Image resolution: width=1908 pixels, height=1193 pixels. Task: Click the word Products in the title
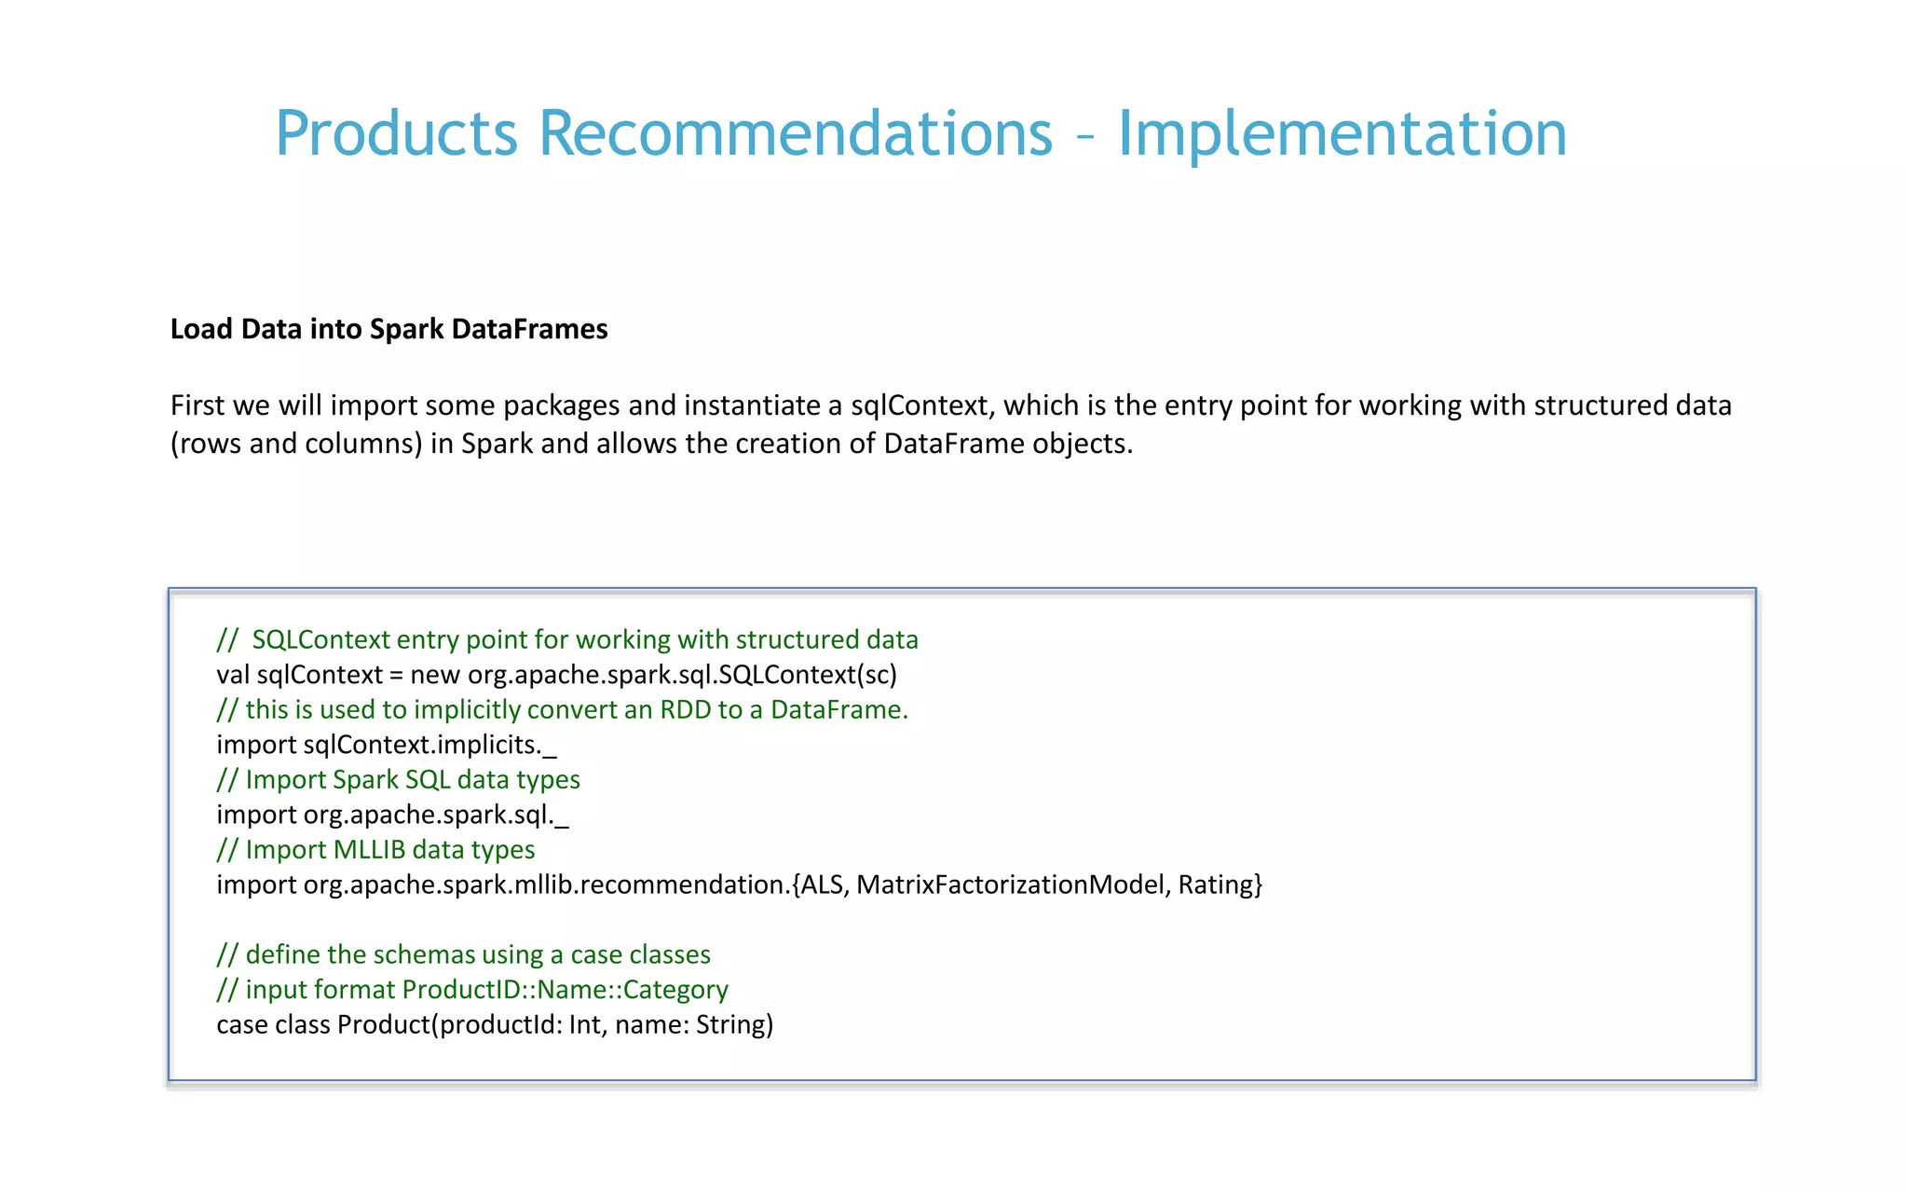click(x=396, y=133)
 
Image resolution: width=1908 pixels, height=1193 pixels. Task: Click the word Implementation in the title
click(x=1342, y=133)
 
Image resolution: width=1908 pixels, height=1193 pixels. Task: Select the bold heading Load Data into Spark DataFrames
click(x=388, y=329)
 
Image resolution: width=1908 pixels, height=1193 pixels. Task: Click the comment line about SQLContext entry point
click(x=567, y=639)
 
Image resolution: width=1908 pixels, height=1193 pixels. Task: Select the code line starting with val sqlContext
click(x=556, y=675)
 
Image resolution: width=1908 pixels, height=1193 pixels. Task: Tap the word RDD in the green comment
click(x=685, y=710)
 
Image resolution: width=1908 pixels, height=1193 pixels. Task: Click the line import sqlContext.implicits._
click(x=386, y=745)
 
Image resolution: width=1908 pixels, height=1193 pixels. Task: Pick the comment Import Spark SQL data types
click(x=398, y=780)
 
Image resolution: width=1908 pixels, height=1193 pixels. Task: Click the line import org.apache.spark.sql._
click(x=392, y=815)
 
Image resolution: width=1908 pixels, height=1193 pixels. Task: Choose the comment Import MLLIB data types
click(x=375, y=850)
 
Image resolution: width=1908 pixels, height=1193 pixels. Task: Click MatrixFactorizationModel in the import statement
click(x=1010, y=884)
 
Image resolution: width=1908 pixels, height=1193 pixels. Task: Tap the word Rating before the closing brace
click(x=1215, y=884)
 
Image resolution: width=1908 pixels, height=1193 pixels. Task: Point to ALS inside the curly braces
click(x=823, y=884)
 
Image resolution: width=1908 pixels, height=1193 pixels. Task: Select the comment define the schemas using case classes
click(x=463, y=954)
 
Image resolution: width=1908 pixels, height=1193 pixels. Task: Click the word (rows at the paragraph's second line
click(x=206, y=444)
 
